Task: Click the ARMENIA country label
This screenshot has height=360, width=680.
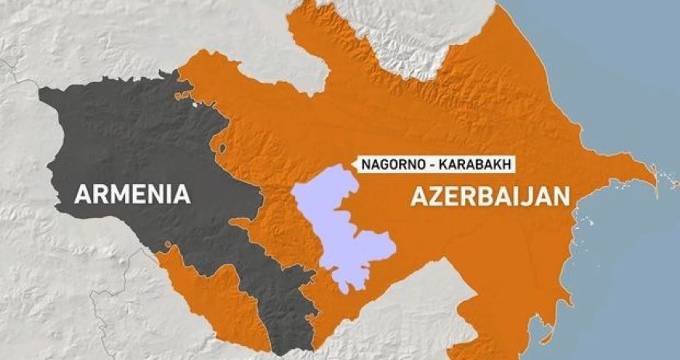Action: [132, 193]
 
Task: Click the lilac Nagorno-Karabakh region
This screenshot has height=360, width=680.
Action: [342, 225]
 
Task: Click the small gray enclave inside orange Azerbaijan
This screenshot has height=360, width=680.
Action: [222, 147]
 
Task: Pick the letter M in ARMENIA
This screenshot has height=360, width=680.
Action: [115, 193]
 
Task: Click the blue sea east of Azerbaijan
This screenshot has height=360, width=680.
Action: [621, 256]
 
